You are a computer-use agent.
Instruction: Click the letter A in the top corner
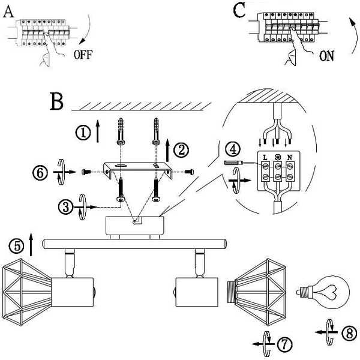click(8, 11)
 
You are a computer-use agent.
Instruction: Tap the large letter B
click(56, 101)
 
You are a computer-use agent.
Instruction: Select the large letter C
click(239, 11)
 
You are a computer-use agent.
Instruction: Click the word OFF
click(83, 55)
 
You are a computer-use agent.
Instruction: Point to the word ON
click(327, 56)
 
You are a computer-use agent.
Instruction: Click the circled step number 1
click(83, 133)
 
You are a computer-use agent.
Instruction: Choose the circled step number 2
click(181, 150)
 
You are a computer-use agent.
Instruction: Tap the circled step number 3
click(66, 207)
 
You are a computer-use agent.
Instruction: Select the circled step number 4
click(233, 149)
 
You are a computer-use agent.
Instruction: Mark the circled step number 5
click(16, 246)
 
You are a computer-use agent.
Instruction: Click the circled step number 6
click(40, 173)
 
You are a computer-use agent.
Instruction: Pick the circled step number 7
click(284, 344)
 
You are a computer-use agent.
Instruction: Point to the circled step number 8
click(349, 333)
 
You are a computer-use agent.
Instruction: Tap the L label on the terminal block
click(265, 158)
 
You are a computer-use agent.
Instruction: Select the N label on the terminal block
click(290, 157)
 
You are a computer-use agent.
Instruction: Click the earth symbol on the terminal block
click(278, 157)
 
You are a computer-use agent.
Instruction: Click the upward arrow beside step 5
click(31, 244)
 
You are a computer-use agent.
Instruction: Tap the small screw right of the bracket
click(190, 171)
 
